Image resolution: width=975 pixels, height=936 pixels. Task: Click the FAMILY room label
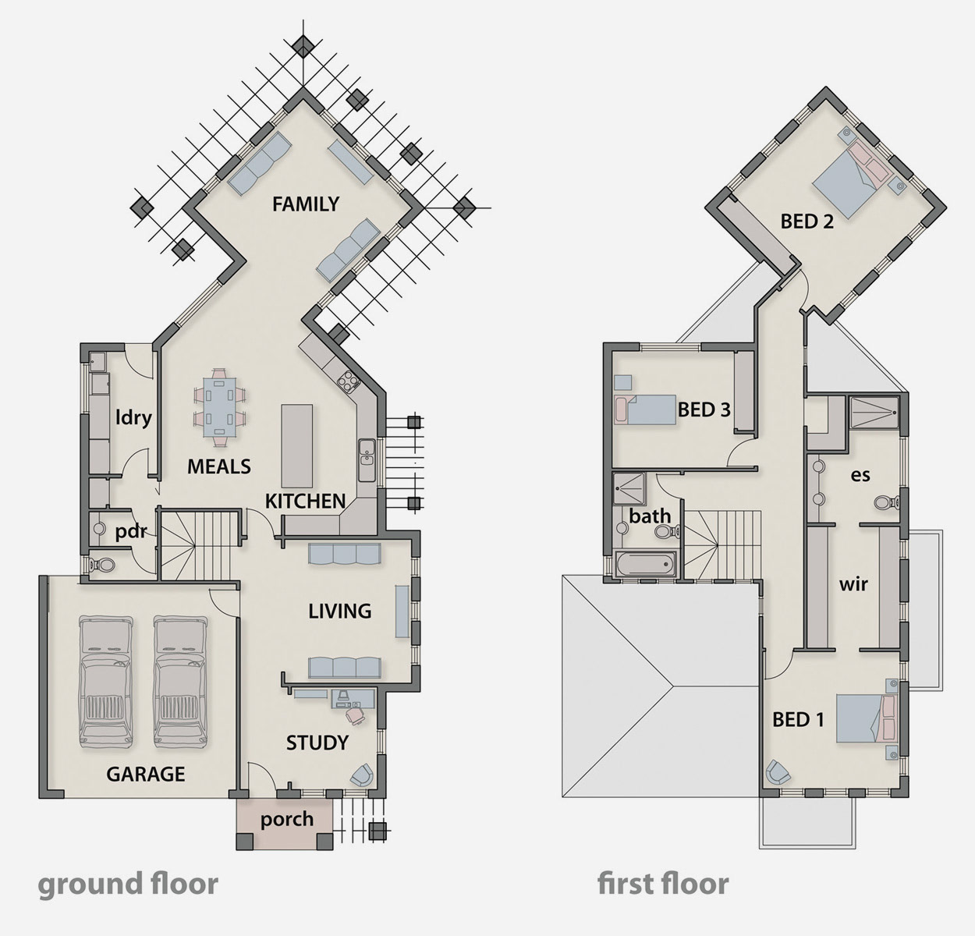click(306, 204)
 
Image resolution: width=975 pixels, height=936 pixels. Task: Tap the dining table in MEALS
click(219, 407)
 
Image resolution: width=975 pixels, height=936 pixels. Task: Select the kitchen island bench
click(296, 446)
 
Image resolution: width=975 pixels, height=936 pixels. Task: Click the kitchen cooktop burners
click(348, 381)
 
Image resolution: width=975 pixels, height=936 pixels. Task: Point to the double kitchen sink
click(367, 460)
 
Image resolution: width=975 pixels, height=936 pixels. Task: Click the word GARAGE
click(146, 775)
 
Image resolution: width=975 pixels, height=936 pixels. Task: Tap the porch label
click(287, 819)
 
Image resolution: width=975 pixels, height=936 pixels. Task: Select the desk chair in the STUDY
click(355, 714)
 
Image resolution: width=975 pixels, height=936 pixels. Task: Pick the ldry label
click(133, 417)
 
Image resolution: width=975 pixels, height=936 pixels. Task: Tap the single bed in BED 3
click(645, 409)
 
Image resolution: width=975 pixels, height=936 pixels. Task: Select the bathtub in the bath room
click(645, 565)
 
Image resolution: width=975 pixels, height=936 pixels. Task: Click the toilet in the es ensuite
click(888, 502)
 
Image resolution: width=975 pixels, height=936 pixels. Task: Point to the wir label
click(853, 583)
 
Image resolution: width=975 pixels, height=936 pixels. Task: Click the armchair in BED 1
click(778, 771)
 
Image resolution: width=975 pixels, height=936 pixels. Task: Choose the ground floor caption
click(128, 884)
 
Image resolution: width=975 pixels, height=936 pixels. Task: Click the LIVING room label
click(340, 612)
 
